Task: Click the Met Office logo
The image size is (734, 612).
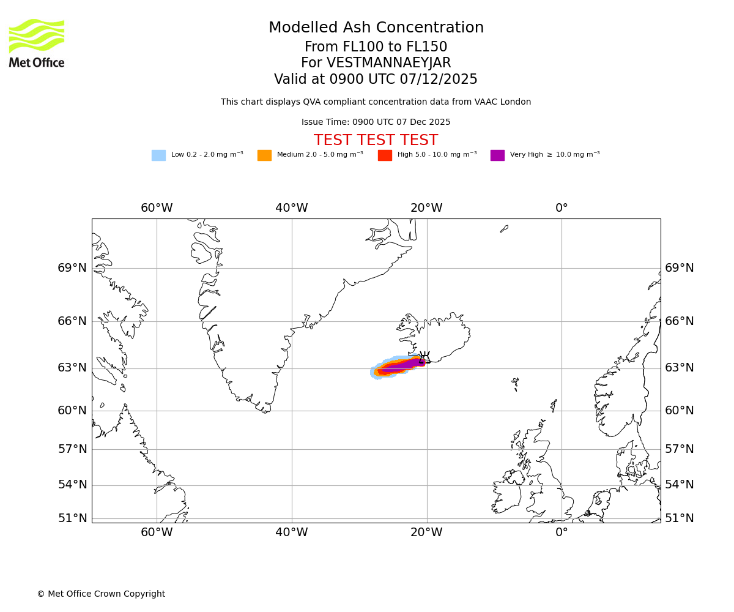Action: click(x=37, y=43)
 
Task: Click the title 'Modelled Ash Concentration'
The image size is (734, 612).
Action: click(x=376, y=28)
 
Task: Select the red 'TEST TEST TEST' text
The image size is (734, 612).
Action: click(x=376, y=141)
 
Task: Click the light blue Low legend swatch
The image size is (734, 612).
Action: click(x=158, y=155)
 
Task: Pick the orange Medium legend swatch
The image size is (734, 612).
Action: click(x=264, y=155)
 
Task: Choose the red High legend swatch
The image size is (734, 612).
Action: click(x=385, y=155)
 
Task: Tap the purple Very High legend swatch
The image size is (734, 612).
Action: click(x=497, y=155)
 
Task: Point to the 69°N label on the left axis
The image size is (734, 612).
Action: click(x=72, y=268)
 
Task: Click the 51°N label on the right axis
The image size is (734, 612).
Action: click(x=680, y=518)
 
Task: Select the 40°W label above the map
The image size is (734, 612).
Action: click(x=291, y=208)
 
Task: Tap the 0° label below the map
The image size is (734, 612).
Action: click(x=562, y=532)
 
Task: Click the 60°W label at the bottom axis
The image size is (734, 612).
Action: click(x=157, y=532)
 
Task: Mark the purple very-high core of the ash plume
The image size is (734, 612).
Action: click(x=404, y=366)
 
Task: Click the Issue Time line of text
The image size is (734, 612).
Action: click(x=376, y=122)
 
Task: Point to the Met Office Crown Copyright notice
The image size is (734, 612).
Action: click(x=101, y=594)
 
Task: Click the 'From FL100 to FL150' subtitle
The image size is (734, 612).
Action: click(x=376, y=47)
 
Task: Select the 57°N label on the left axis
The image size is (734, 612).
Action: click(x=72, y=449)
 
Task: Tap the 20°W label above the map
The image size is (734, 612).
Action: click(x=426, y=208)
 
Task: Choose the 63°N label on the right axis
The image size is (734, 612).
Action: click(x=680, y=368)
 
